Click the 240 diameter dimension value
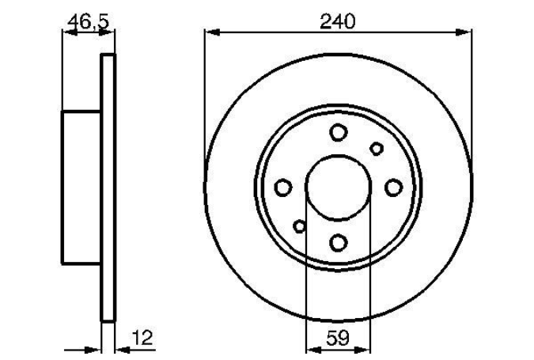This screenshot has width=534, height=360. (x=338, y=21)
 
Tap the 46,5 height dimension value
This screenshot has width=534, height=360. (x=88, y=22)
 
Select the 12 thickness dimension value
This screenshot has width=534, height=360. (x=142, y=337)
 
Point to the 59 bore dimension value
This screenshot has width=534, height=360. (x=338, y=338)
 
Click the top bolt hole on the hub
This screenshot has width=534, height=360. (x=339, y=132)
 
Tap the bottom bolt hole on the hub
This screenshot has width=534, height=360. (x=339, y=243)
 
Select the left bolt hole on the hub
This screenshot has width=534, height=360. (x=283, y=188)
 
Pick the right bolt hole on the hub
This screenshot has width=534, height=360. (x=394, y=188)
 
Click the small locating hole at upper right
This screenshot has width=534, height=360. (x=377, y=149)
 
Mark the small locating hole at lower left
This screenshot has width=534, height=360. (x=300, y=226)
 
